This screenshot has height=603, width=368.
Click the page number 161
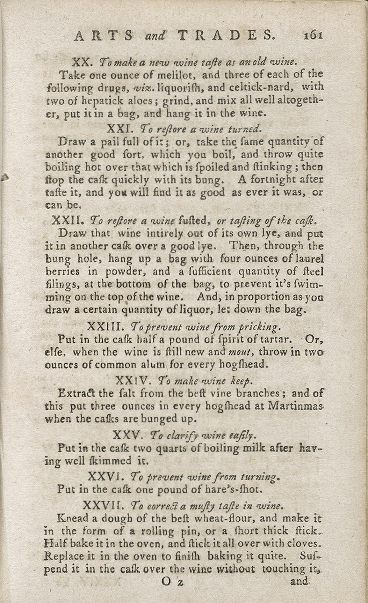tap(314, 35)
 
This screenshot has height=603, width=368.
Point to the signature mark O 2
tap(172, 582)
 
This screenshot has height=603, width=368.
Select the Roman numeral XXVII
tap(101, 505)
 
